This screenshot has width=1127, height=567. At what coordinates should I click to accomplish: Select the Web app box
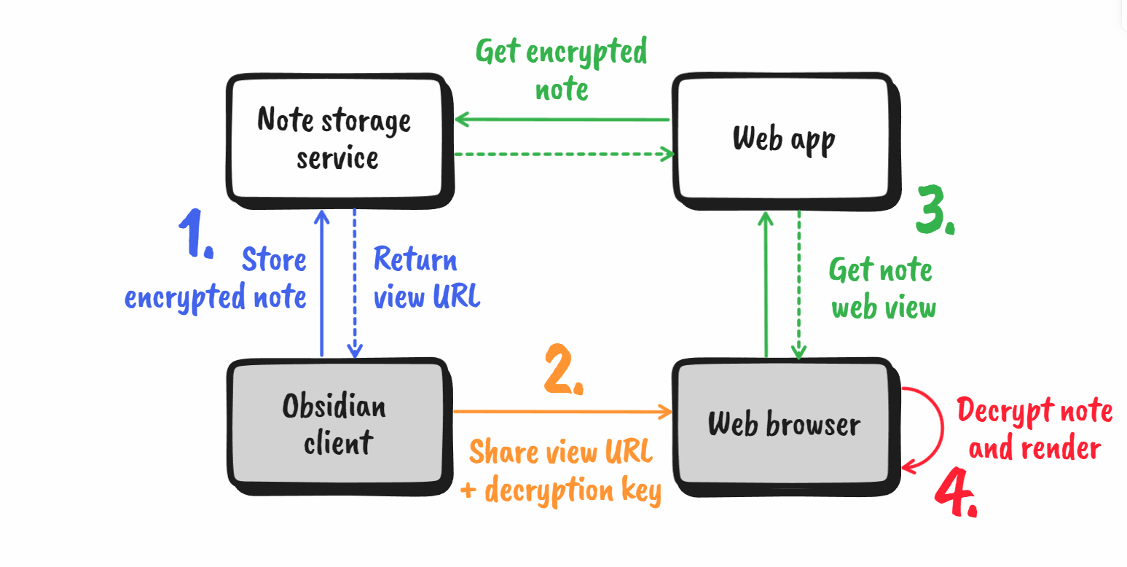pyautogui.click(x=783, y=138)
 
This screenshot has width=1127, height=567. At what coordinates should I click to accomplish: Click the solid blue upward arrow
pyautogui.click(x=321, y=284)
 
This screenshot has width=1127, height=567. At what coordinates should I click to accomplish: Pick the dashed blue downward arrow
pyautogui.click(x=355, y=284)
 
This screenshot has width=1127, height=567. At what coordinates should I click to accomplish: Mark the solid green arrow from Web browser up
pyautogui.click(x=766, y=284)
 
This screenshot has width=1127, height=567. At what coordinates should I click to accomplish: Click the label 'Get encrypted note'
pyautogui.click(x=561, y=70)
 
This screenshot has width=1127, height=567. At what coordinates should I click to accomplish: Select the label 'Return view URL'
pyautogui.click(x=426, y=278)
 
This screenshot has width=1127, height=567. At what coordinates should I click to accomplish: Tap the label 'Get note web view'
pyautogui.click(x=882, y=289)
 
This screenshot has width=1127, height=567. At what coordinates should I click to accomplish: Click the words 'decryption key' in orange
pyautogui.click(x=573, y=490)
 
